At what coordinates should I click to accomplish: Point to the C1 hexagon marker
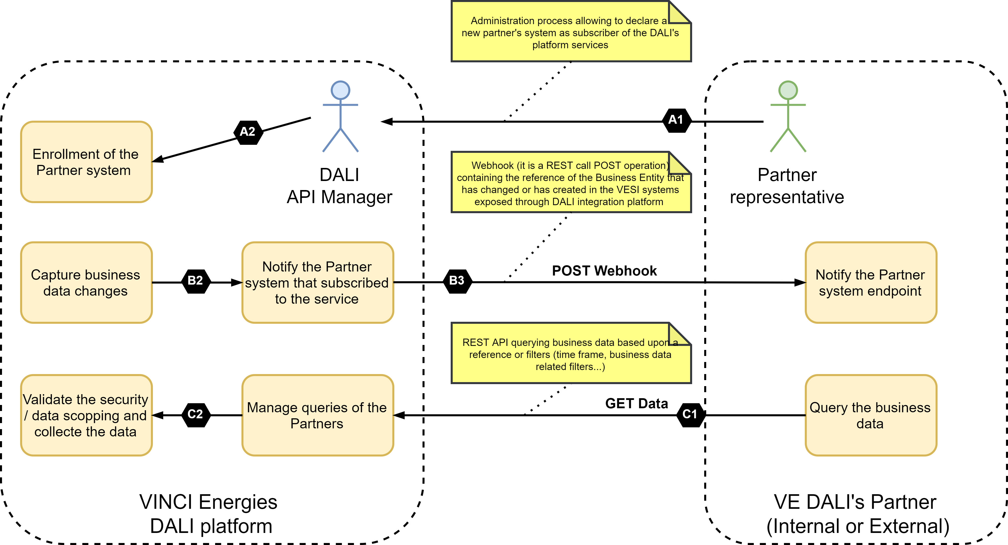click(691, 415)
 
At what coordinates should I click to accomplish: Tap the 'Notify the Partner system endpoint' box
click(871, 283)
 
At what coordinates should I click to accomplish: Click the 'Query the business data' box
click(871, 415)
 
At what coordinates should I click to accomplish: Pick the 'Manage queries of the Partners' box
click(318, 415)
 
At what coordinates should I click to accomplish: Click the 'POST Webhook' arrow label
click(604, 271)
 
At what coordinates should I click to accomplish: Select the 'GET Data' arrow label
click(637, 403)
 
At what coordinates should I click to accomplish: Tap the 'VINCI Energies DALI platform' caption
click(209, 514)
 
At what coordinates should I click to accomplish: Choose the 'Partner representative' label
click(787, 186)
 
